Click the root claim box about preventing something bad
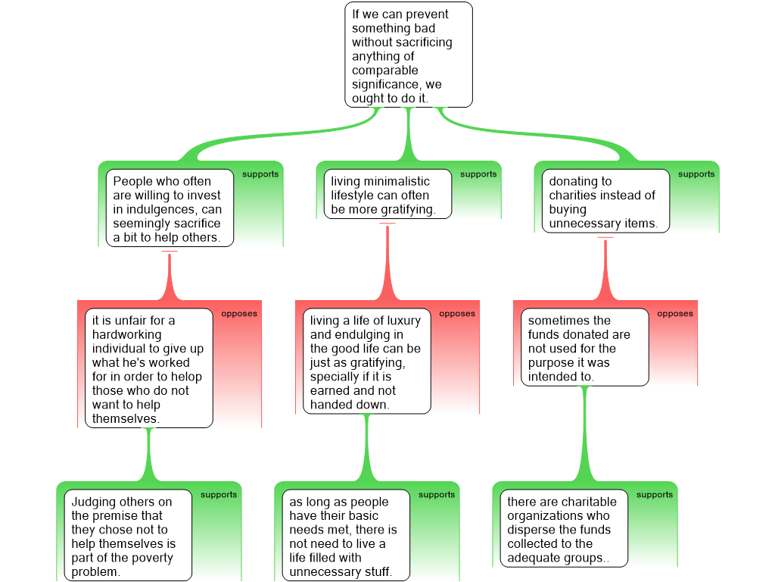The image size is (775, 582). [409, 55]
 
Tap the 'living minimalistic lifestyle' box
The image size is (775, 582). [387, 194]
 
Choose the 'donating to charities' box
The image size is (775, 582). [605, 201]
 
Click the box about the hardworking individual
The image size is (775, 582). [148, 368]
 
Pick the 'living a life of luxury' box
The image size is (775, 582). [366, 361]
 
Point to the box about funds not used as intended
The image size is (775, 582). [584, 348]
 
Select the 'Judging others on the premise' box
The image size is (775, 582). [127, 536]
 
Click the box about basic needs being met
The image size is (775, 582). [345, 536]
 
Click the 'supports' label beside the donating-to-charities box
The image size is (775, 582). [696, 174]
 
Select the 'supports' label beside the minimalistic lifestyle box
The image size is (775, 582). [478, 174]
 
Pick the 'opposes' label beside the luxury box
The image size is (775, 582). [457, 314]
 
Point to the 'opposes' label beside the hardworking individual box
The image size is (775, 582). [239, 314]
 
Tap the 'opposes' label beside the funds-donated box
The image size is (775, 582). [675, 314]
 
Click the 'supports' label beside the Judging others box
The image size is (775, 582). [219, 495]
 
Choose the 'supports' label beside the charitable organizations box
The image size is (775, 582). [655, 495]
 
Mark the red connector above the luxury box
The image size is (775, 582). [387, 265]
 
